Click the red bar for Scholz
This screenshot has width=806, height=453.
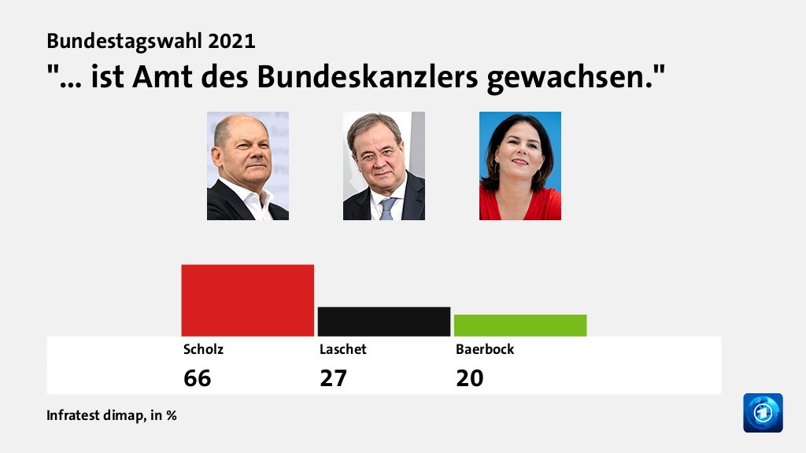coord(247,300)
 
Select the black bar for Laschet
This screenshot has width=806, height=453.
coord(383,322)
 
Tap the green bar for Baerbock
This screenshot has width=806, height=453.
coord(520,326)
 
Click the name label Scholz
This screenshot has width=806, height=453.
coord(198,349)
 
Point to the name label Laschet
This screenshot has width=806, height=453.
coord(342,349)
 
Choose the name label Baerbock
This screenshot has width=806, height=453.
coord(485,349)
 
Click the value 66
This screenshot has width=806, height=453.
coord(198,378)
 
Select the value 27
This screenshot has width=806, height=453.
coord(333,378)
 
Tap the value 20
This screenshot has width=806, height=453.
coord(470,378)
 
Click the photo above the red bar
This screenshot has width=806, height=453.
coord(247,166)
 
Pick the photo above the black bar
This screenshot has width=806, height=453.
coord(383,166)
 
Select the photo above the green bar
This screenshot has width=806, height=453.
coord(519,166)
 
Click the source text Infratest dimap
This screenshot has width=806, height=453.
coord(95,415)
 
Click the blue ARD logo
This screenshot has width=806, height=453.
coord(763,413)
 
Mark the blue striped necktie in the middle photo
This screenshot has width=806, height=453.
coord(387,208)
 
